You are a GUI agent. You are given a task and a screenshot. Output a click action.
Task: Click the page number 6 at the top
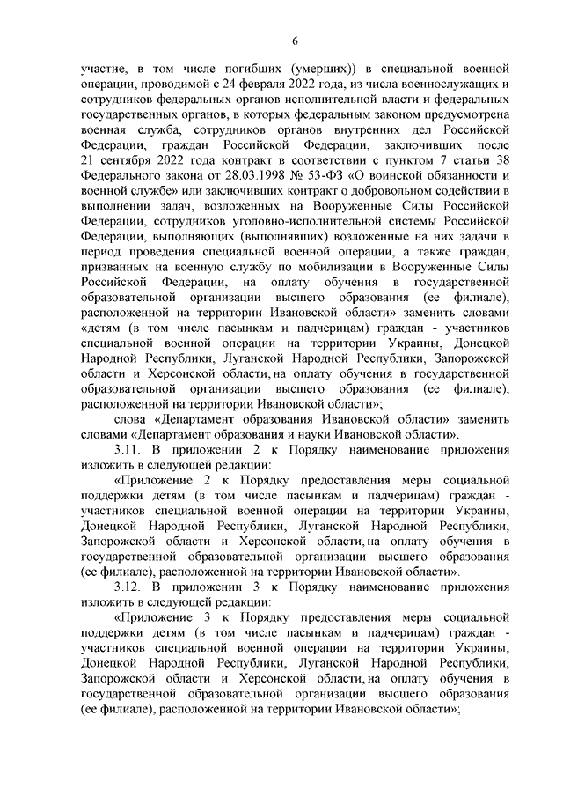click(x=296, y=41)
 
